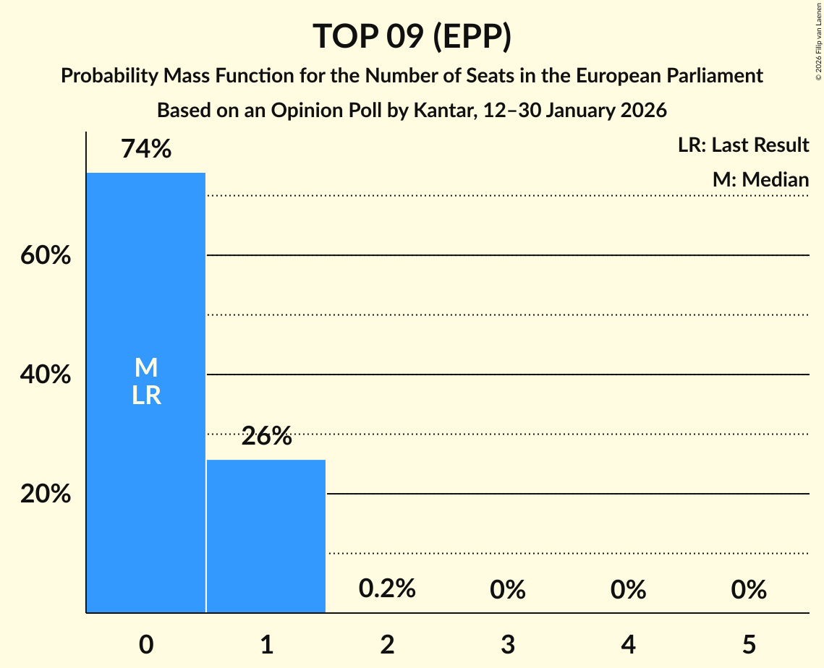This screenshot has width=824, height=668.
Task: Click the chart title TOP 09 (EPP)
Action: point(412,36)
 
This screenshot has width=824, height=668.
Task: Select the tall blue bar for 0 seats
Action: point(146,470)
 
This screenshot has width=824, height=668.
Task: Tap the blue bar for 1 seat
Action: point(266,536)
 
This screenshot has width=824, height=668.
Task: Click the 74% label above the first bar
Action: point(146,149)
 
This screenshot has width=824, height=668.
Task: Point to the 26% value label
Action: point(266,436)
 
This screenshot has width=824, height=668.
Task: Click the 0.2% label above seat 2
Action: point(387,589)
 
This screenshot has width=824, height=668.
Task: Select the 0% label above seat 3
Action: point(507,590)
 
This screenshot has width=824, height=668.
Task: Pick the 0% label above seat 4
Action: point(628,590)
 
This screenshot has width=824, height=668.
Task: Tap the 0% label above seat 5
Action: point(748,590)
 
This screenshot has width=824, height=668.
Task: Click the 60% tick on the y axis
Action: point(45,256)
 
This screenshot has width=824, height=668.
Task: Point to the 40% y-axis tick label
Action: point(45,375)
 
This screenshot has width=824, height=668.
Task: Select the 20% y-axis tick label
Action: point(45,494)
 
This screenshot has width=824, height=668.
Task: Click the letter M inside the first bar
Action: point(146,368)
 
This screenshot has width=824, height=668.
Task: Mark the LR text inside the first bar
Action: point(146,395)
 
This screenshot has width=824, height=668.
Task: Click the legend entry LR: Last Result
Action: point(743,145)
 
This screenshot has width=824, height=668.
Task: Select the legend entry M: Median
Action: point(760,179)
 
